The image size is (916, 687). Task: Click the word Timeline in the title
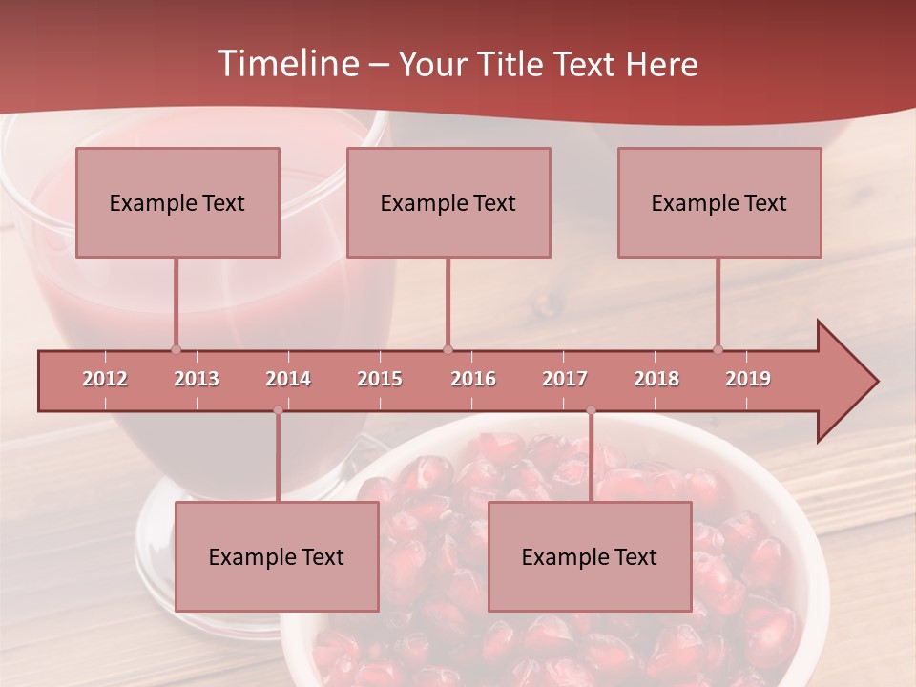coord(287,64)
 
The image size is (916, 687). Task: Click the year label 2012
coord(105,379)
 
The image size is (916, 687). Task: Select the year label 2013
coord(197,379)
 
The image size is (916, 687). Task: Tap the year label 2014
coord(288,379)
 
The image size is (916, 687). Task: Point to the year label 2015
coord(380,379)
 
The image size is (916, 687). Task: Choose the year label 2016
coord(473,379)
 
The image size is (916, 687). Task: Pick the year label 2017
coord(565,379)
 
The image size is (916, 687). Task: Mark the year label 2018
coord(656,379)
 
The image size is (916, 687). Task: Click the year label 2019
coord(748,379)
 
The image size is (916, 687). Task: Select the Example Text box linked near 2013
coord(177,202)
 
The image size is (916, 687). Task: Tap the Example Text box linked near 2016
coord(448,202)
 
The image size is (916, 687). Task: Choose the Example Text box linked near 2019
coord(719,202)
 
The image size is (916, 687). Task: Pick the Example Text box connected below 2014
coord(277,556)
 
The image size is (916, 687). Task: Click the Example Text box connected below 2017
coord(590,556)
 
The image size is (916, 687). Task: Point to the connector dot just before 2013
coord(176,349)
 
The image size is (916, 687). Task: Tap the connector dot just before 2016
coord(448,349)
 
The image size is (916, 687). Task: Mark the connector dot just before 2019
coord(718,349)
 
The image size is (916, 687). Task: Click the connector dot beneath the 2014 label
coord(278,410)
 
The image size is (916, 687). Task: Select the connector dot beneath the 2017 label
coord(591,410)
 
